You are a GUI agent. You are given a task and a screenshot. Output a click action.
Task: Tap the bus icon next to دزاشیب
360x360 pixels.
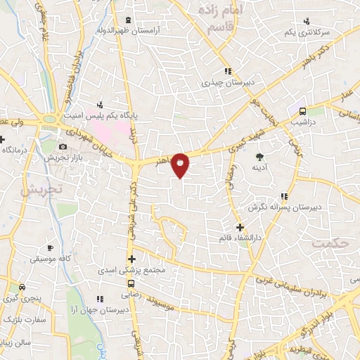coord(302,111)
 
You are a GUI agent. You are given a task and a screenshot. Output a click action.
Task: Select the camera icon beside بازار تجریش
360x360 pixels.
coord(63,147)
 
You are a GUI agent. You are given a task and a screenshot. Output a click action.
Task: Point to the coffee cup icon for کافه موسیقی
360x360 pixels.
coord(50,248)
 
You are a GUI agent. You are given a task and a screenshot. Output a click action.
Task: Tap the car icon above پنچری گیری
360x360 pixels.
coord(22,287)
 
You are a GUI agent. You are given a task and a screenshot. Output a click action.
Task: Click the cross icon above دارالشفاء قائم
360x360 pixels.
coord(240,227)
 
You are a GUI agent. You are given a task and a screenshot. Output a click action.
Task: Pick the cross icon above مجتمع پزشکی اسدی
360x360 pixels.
coord(131,259)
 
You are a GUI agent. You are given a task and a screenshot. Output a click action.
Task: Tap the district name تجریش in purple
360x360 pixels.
coord(41,189)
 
